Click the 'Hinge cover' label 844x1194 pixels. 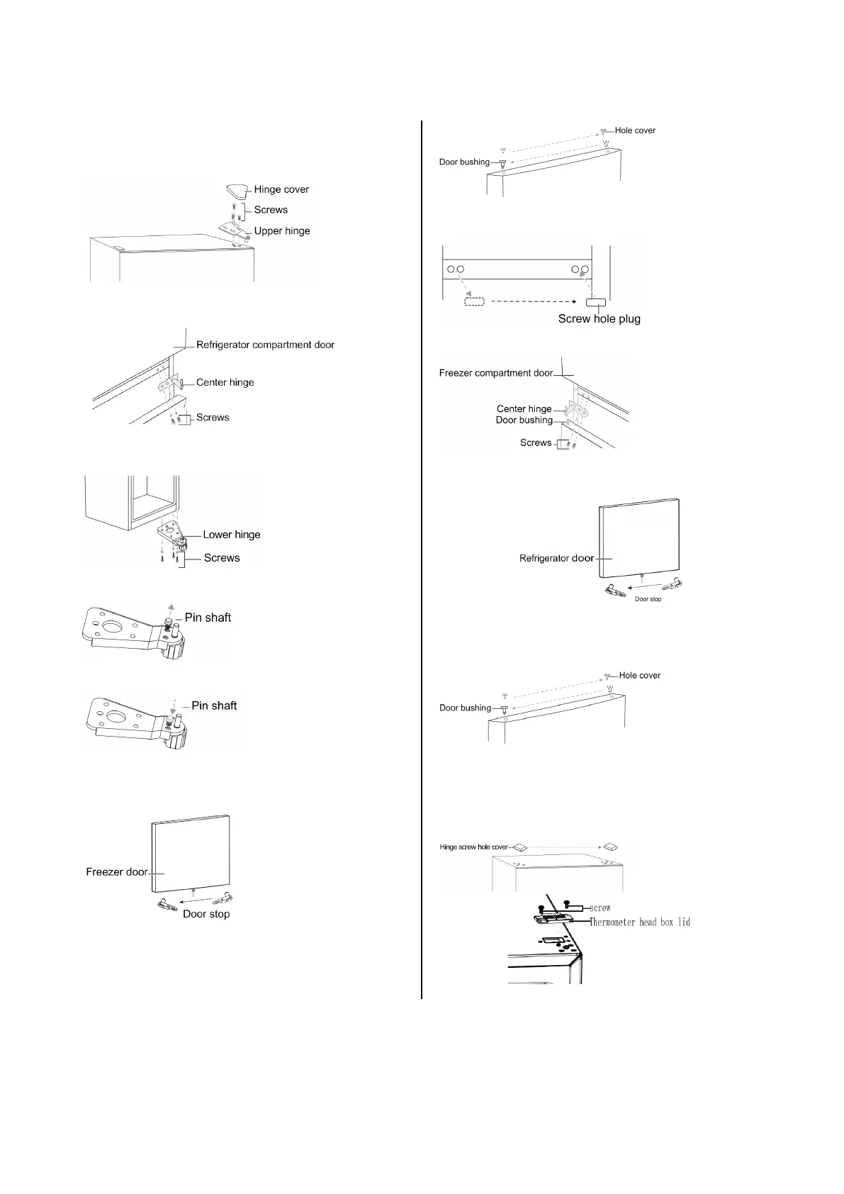281,189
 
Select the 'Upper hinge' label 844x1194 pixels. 281,231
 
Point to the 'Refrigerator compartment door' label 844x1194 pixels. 265,345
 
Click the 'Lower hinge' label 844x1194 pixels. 232,535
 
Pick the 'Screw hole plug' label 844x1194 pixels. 599,319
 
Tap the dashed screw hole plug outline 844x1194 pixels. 474,301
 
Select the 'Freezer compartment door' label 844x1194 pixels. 495,373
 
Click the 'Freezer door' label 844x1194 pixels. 116,872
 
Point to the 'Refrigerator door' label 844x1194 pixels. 556,559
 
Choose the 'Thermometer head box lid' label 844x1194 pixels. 640,922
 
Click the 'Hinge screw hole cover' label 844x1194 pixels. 474,847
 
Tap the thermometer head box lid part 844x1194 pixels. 556,919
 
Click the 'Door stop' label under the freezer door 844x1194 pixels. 206,915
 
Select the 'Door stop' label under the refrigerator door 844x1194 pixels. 648,599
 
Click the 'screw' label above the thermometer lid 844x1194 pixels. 600,908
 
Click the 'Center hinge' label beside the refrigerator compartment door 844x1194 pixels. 225,383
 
